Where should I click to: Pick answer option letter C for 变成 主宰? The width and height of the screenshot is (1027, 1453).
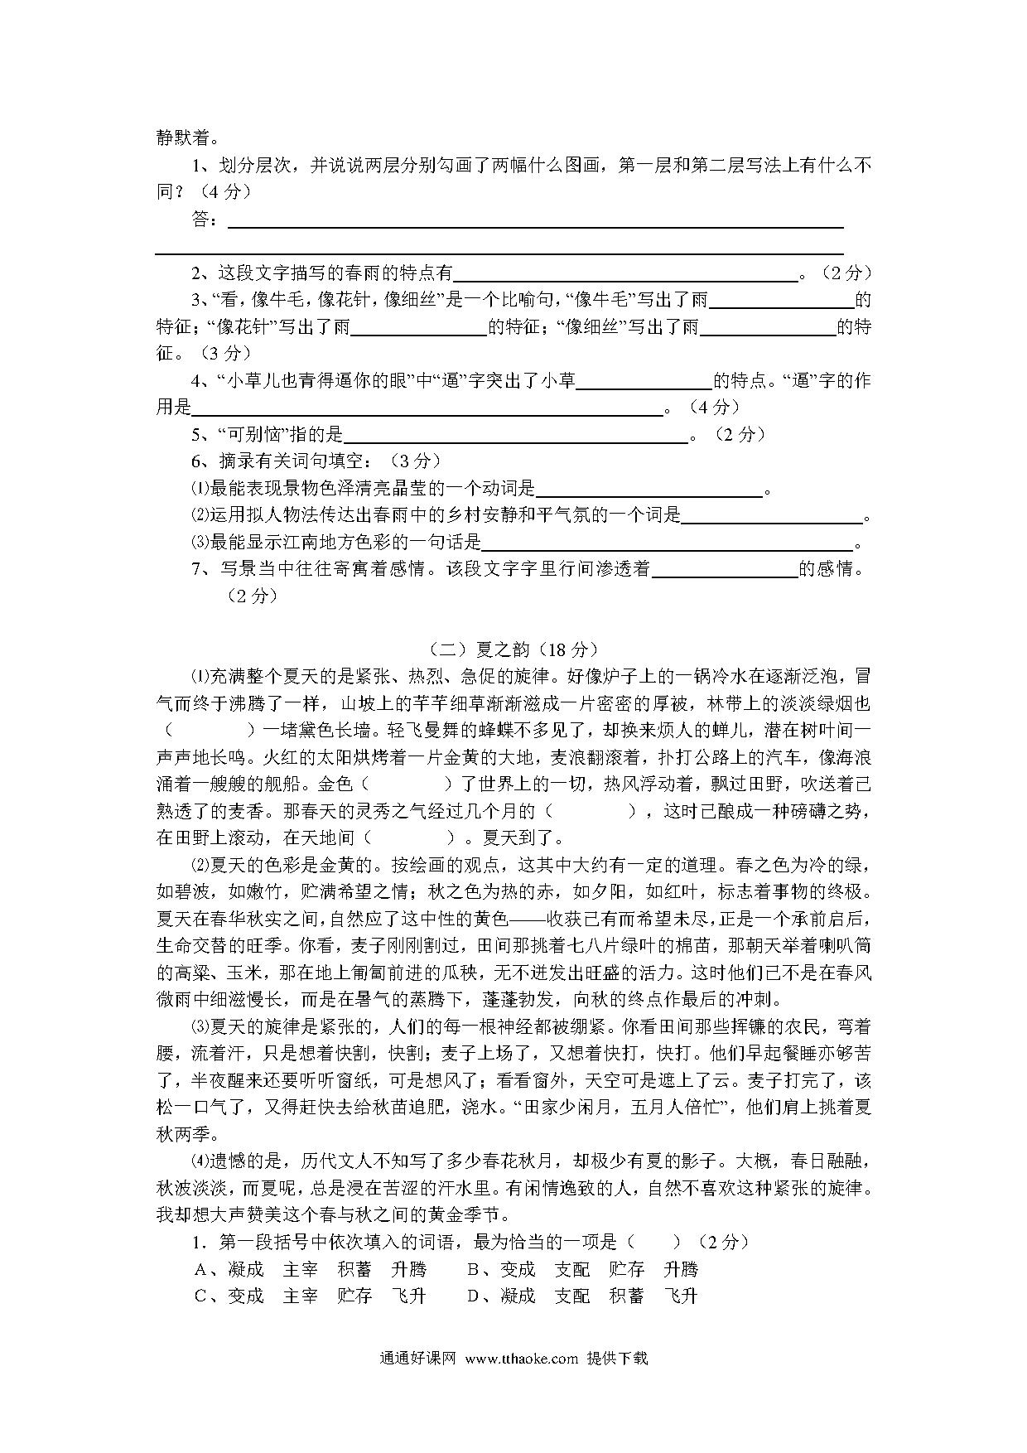[x=200, y=1295]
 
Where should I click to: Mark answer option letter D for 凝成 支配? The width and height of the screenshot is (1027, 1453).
[x=474, y=1295]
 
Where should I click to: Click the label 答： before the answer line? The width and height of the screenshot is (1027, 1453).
[x=205, y=219]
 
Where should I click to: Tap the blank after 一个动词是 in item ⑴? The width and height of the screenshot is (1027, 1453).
[x=649, y=491]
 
